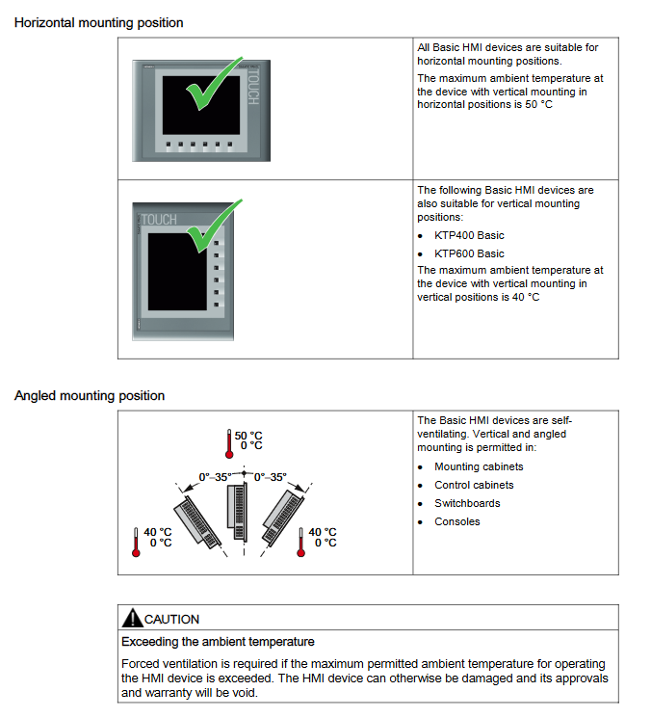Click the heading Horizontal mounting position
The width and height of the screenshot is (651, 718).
(98, 22)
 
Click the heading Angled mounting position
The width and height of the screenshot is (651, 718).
(90, 396)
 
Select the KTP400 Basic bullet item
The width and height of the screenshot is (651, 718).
(469, 235)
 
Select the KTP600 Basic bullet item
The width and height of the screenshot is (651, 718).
(469, 253)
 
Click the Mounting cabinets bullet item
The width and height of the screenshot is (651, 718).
(479, 466)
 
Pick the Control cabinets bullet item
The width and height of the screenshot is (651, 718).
(474, 485)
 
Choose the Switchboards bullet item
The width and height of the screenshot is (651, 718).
(467, 503)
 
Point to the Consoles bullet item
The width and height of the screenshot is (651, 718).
(456, 521)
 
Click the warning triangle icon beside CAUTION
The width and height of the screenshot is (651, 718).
(131, 619)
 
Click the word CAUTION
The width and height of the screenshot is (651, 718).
(172, 620)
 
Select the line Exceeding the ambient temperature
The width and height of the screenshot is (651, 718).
(218, 641)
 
